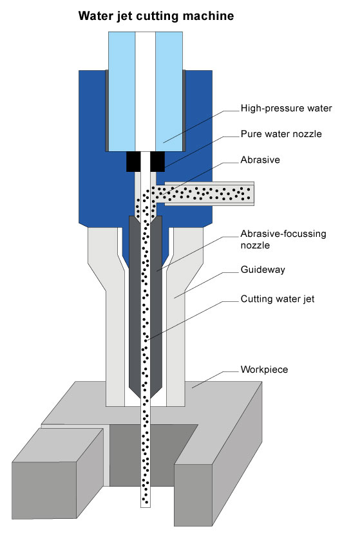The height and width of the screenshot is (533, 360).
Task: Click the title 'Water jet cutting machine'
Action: pos(156,16)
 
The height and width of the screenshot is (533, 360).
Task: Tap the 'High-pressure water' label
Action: pos(286,108)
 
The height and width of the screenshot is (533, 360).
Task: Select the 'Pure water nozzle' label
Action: pos(281,134)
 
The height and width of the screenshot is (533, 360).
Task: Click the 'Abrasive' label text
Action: pos(260,160)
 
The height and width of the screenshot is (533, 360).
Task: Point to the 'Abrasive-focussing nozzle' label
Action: pos(283,239)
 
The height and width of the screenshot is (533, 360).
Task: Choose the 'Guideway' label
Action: pos(263,270)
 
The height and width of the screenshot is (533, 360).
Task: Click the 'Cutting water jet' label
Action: pos(278,299)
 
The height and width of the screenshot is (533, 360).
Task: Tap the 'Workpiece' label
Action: pos(264,369)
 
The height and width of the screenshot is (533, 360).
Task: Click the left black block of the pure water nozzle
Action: pos(133,162)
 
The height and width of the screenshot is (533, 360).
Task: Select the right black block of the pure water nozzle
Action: pos(157,162)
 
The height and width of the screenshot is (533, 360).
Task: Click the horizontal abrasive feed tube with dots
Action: pos(204,193)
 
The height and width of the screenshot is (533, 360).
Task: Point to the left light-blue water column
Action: pos(122,91)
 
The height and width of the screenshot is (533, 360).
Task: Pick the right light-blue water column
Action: pos(169,91)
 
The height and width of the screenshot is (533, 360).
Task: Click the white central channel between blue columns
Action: pos(146,91)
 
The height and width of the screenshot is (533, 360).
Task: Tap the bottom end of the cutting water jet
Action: pos(146,507)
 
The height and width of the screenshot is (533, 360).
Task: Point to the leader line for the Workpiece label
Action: pos(215,380)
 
